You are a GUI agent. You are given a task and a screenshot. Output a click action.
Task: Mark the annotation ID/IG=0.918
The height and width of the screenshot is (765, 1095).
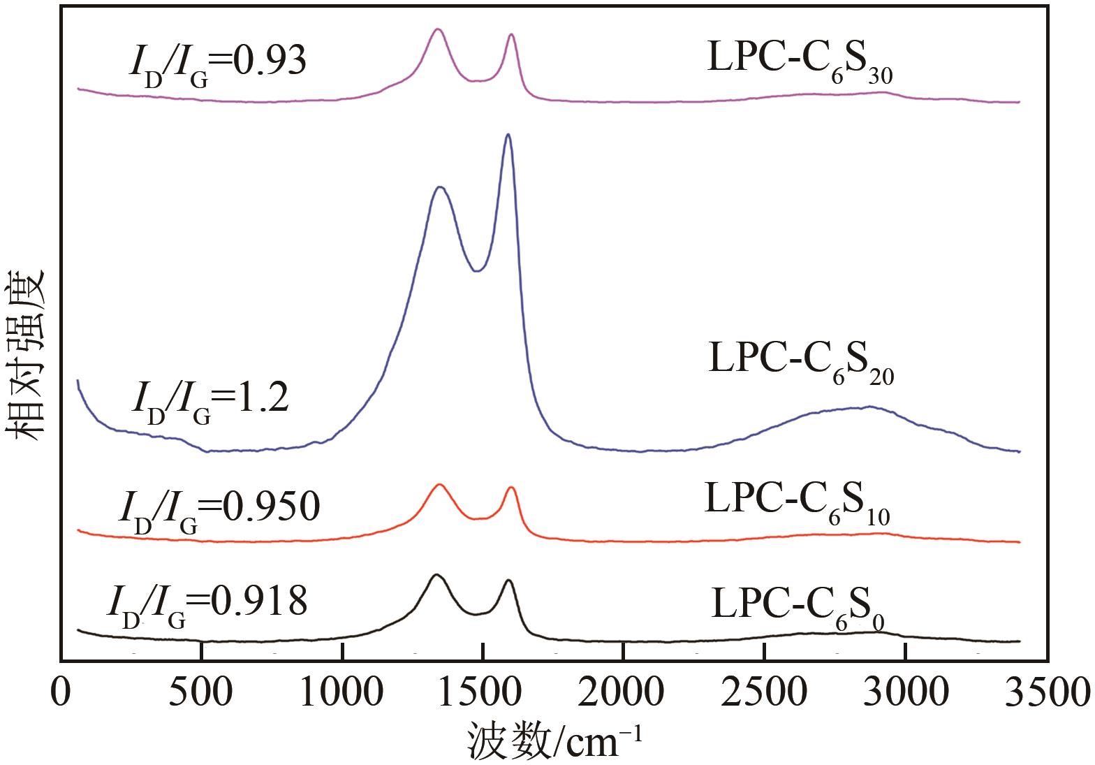(x=207, y=604)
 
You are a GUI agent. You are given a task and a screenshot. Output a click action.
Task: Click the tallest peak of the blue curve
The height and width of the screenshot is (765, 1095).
(x=508, y=135)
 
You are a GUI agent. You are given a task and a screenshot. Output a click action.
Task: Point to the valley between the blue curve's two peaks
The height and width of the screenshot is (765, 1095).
(x=476, y=271)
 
